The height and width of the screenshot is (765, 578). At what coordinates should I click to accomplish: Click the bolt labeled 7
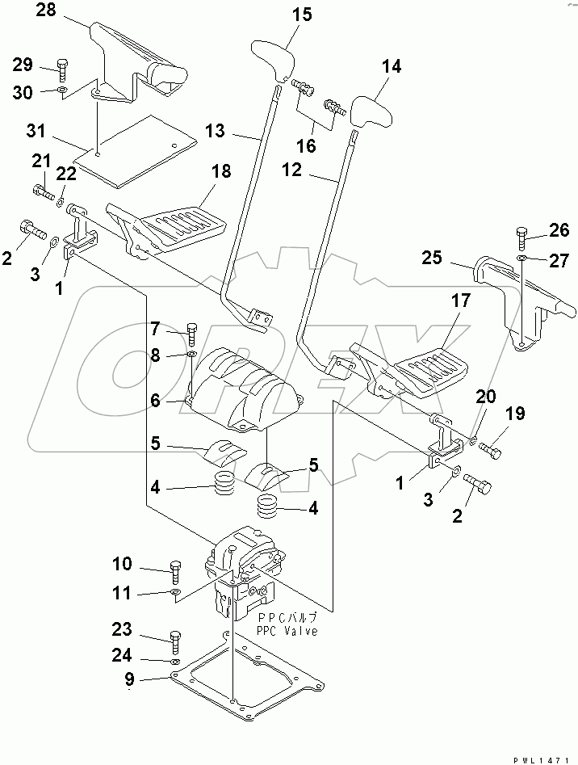pyautogui.click(x=191, y=332)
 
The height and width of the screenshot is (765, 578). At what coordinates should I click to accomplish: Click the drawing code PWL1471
pyautogui.click(x=542, y=759)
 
